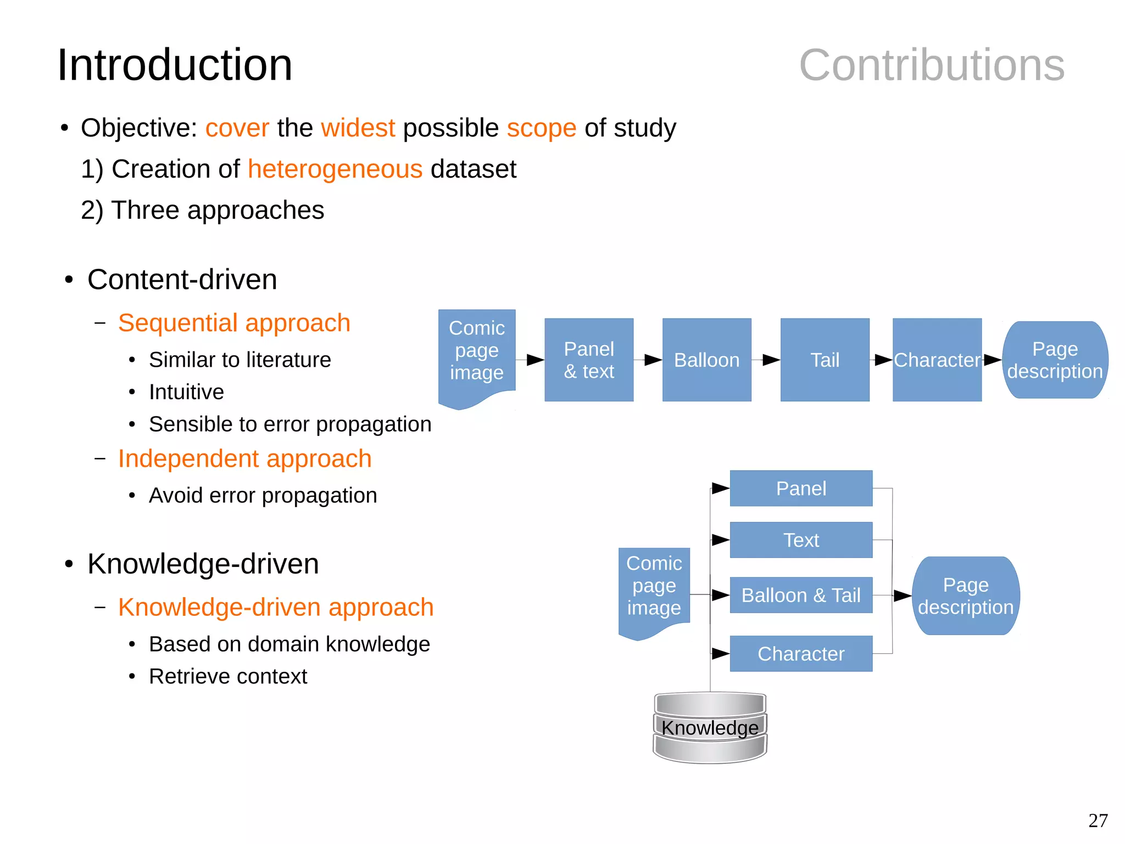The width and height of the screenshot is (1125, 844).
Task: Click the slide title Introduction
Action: coord(175,65)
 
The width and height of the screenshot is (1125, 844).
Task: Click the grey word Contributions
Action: coord(932,65)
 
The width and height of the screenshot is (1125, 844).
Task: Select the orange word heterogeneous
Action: coord(335,169)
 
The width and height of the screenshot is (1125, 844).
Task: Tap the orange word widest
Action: coord(358,128)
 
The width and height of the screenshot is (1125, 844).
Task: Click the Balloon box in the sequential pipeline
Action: coord(706,360)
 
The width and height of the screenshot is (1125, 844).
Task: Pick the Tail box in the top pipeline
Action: coord(825,360)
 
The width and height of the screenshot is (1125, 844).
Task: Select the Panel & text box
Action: coord(589,360)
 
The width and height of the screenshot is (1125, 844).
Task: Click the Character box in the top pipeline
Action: coord(937,360)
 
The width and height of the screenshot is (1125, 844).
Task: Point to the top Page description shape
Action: coord(1055,360)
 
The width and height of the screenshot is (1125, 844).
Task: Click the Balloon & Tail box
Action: coord(800,595)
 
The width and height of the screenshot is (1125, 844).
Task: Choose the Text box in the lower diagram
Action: coord(800,540)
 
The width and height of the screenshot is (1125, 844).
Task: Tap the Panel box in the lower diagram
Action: coord(800,488)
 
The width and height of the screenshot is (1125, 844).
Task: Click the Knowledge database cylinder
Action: coord(710,727)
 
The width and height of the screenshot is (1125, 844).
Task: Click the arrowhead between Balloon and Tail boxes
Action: coord(771,360)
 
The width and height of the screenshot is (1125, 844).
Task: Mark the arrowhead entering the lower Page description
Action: coord(903,595)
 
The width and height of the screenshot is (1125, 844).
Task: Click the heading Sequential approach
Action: coord(234,323)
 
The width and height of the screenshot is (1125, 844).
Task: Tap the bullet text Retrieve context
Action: coord(228,676)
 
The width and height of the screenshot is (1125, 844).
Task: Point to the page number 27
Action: coord(1098,820)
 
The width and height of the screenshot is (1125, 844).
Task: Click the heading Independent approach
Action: coord(245,459)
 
